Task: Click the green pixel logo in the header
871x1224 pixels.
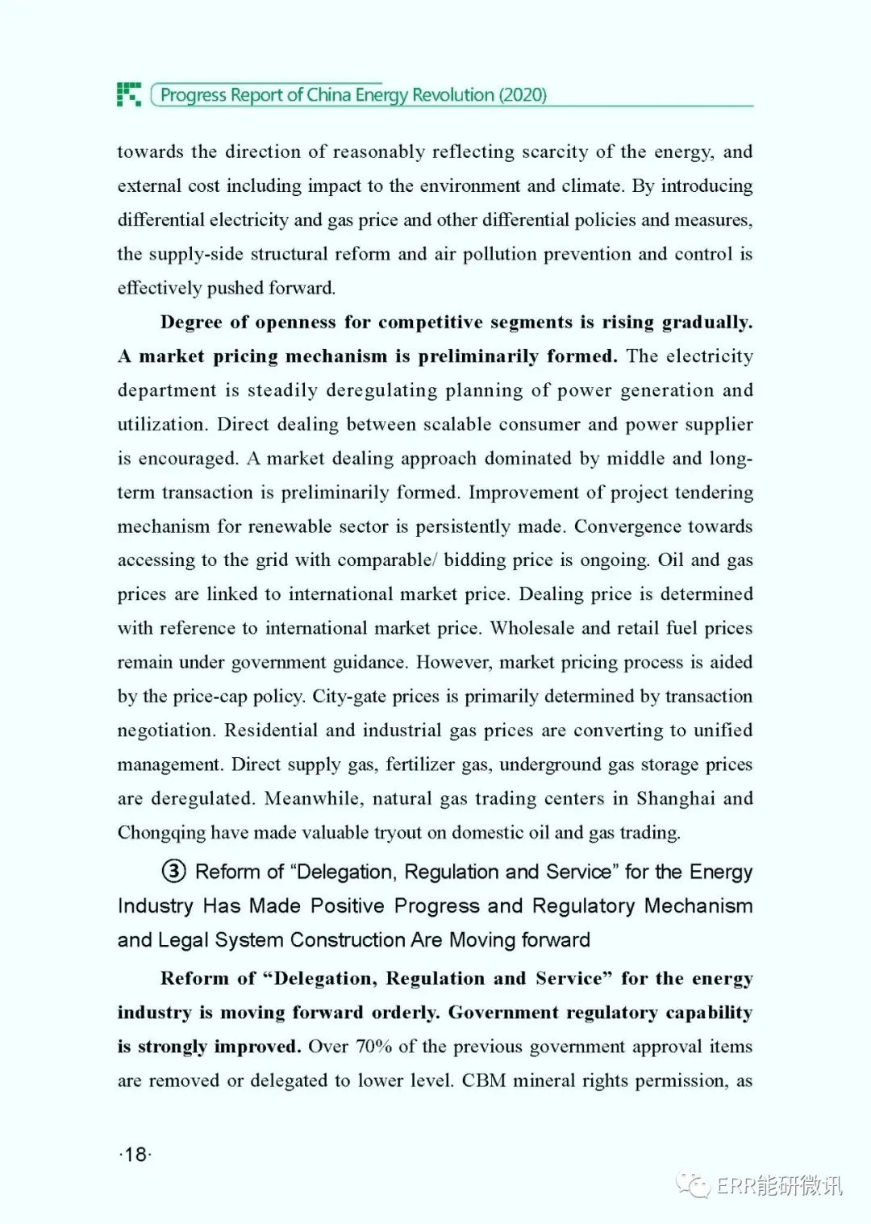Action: coord(129,94)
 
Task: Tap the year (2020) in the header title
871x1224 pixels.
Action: coord(523,95)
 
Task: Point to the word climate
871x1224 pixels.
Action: coord(592,185)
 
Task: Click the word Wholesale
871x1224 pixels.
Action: coord(532,628)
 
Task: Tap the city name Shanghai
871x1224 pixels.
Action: coord(675,798)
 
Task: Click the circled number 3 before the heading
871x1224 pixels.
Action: coord(173,872)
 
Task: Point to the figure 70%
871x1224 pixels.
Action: coord(373,1047)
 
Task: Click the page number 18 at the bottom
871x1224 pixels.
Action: coord(135,1155)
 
